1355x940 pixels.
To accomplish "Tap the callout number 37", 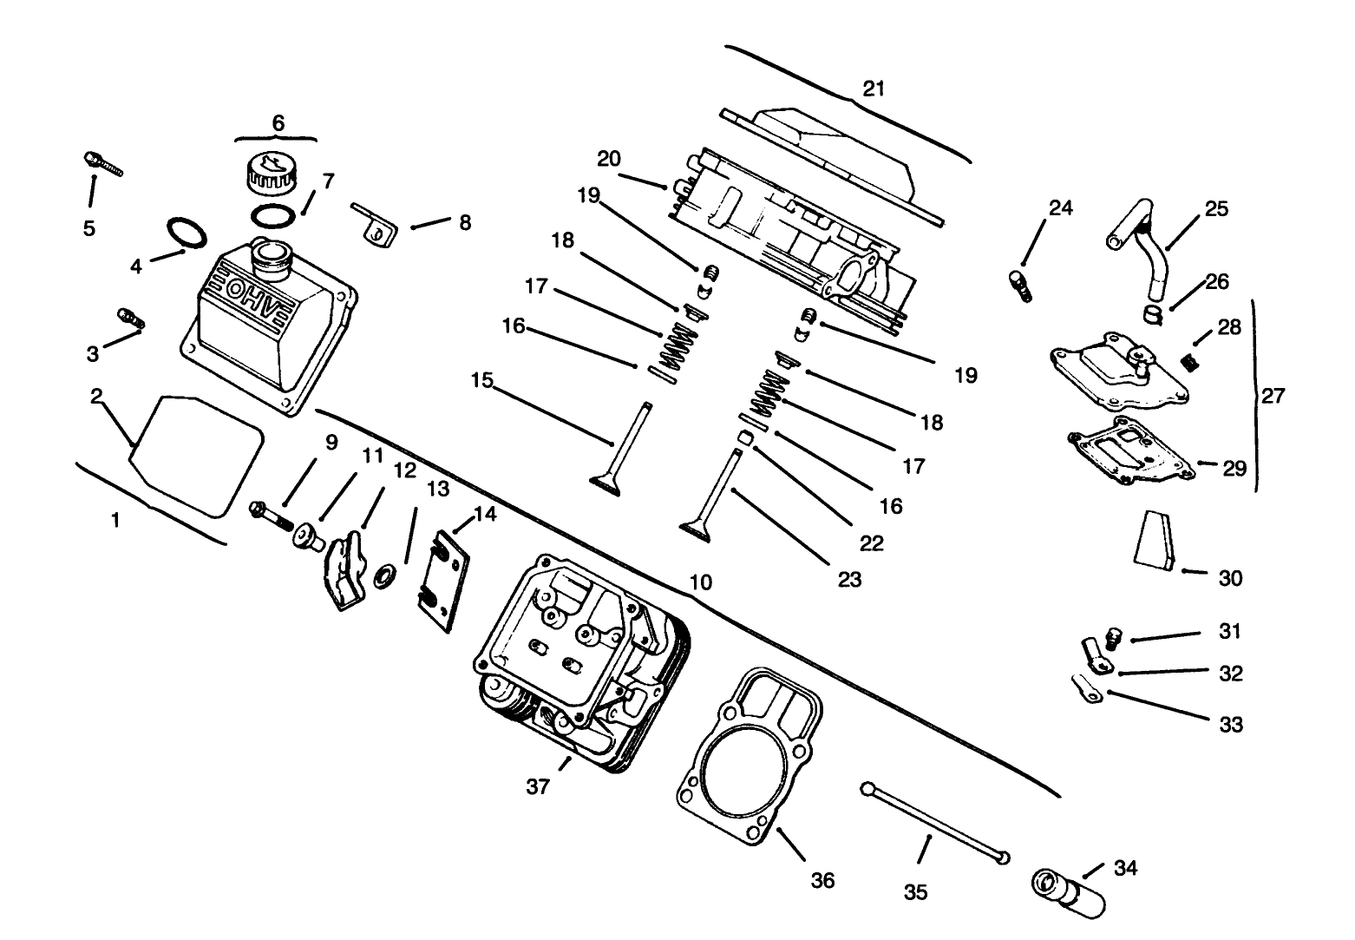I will point(538,787).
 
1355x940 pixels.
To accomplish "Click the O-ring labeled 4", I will point(186,233).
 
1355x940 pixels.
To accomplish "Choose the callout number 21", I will point(874,89).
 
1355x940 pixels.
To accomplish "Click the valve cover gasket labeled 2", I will point(196,456).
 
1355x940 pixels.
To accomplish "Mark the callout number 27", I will point(1273,397).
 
